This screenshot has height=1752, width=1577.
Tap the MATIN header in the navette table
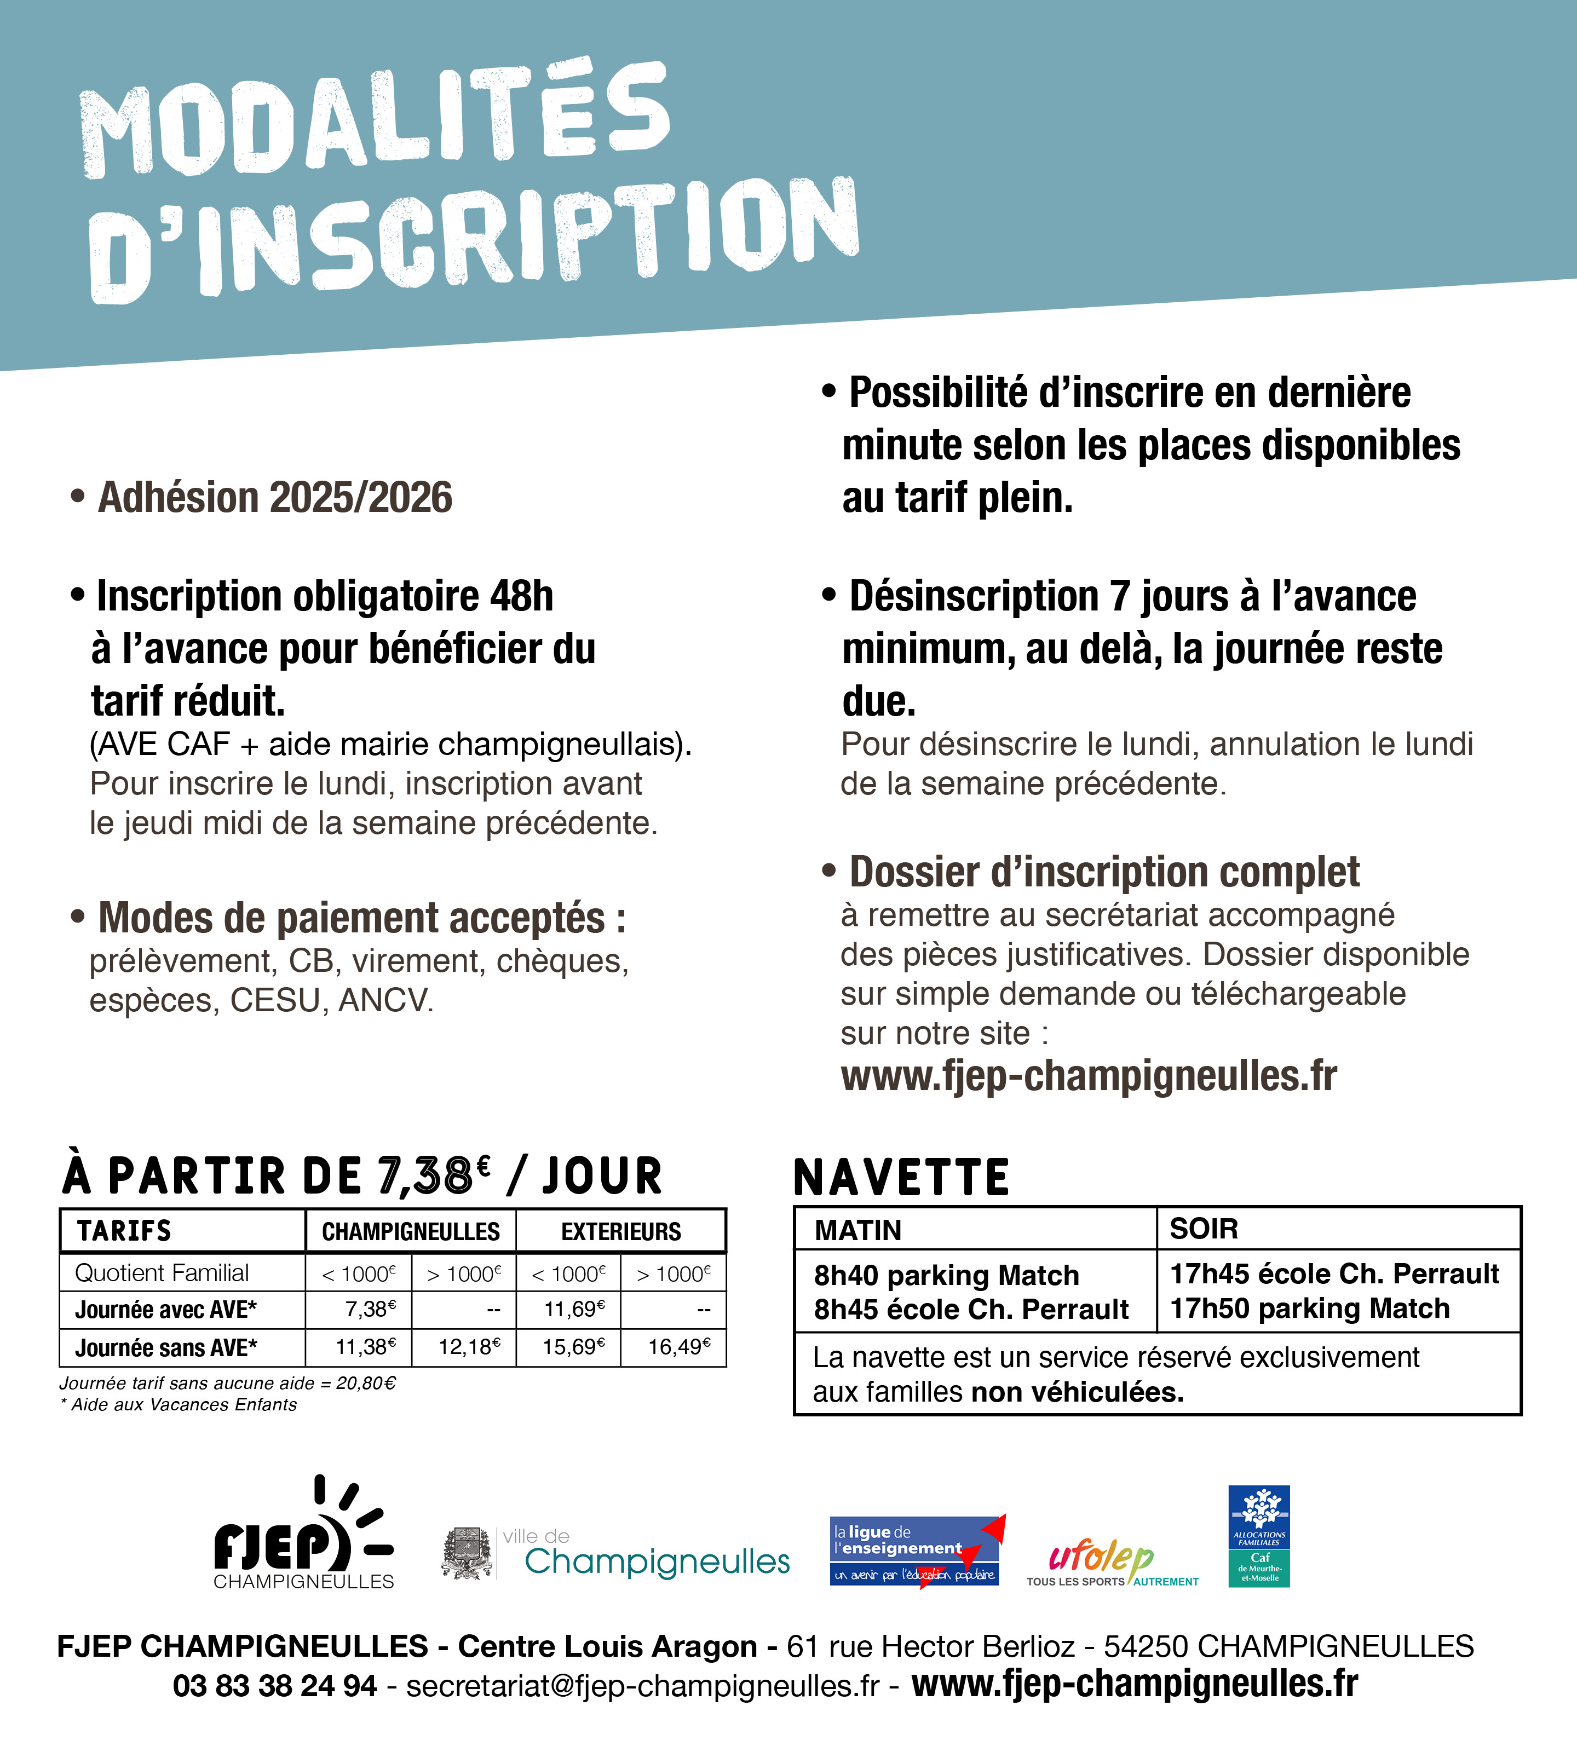[858, 1230]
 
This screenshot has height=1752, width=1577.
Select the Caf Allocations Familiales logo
[1258, 1536]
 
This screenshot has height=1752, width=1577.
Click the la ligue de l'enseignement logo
[916, 1551]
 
